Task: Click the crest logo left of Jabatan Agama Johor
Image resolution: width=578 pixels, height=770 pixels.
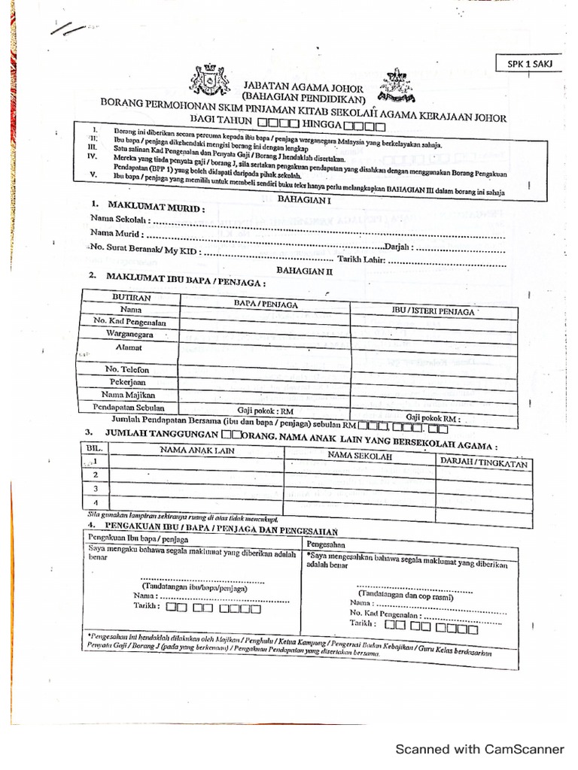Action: click(x=210, y=79)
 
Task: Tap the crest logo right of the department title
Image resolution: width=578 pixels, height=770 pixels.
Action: click(x=397, y=85)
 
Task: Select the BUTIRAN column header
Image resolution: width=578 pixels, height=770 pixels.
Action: click(x=131, y=298)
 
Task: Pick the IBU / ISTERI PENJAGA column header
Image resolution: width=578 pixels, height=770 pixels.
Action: click(x=433, y=311)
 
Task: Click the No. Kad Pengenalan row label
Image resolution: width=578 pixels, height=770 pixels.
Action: click(x=129, y=322)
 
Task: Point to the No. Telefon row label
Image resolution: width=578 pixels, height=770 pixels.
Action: click(x=127, y=369)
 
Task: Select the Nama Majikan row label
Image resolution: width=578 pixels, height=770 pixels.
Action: click(x=128, y=394)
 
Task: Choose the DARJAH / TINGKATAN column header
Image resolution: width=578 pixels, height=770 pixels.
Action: click(x=483, y=463)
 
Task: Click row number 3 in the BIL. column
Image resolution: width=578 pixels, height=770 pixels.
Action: click(x=96, y=488)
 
